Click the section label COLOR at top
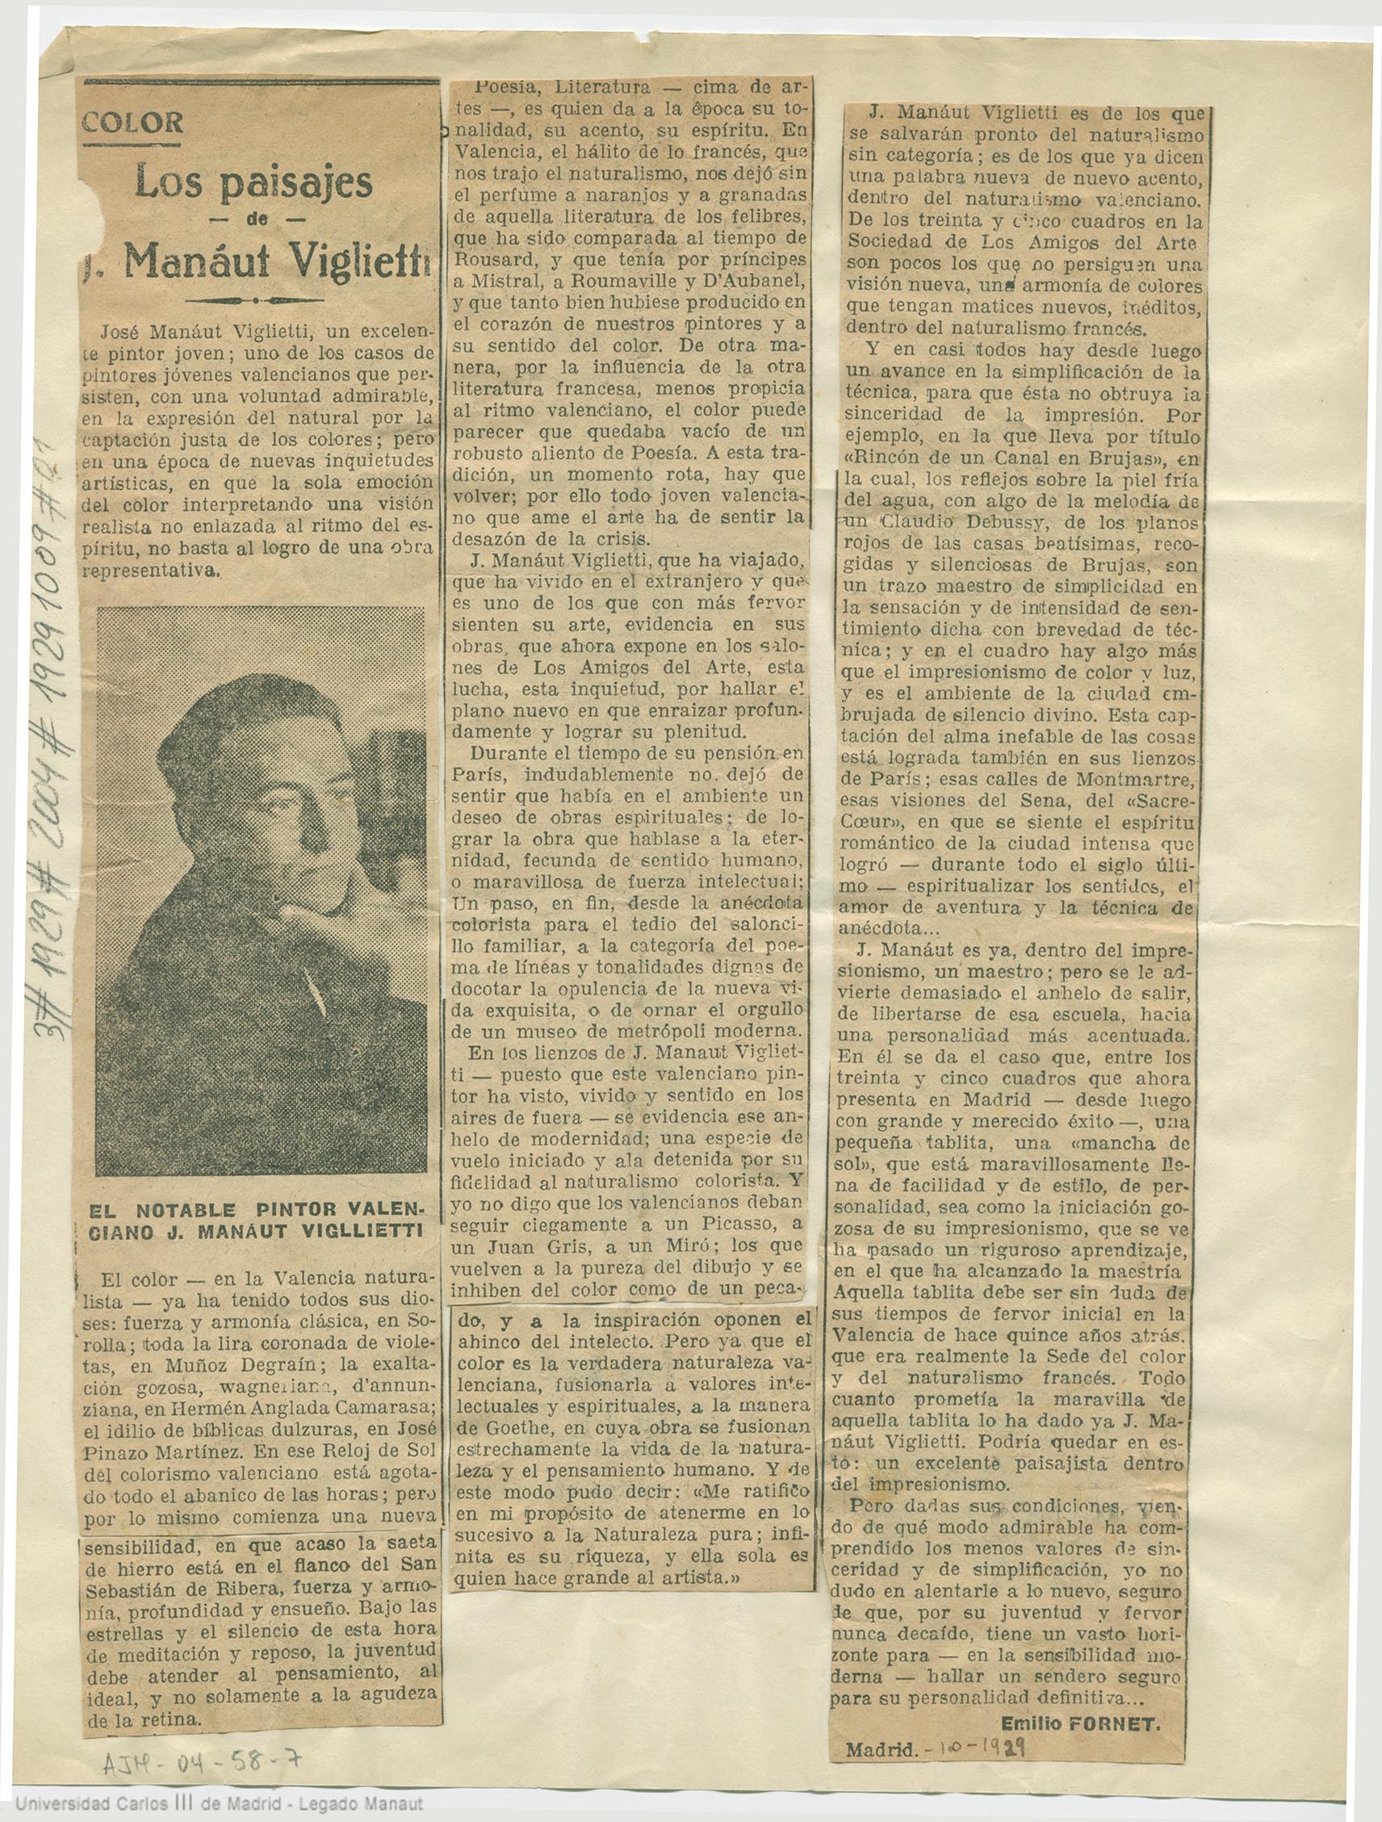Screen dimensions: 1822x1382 (x=132, y=124)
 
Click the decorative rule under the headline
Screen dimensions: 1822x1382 (x=256, y=299)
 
